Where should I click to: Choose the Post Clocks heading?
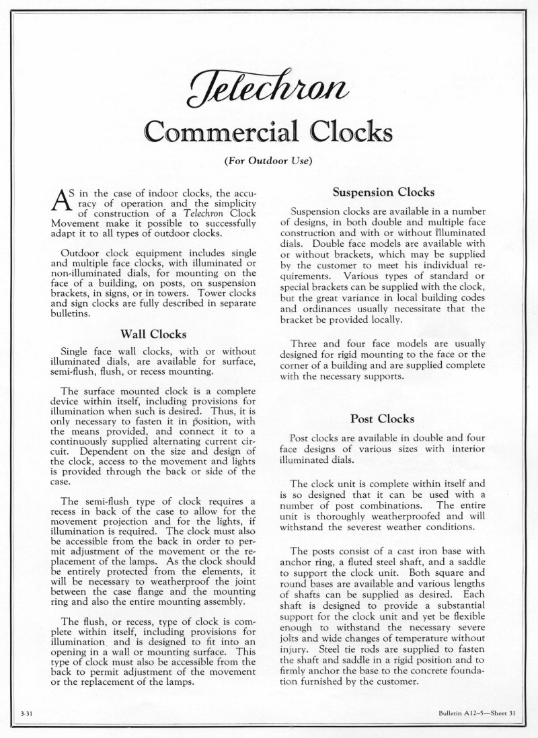click(x=385, y=419)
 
